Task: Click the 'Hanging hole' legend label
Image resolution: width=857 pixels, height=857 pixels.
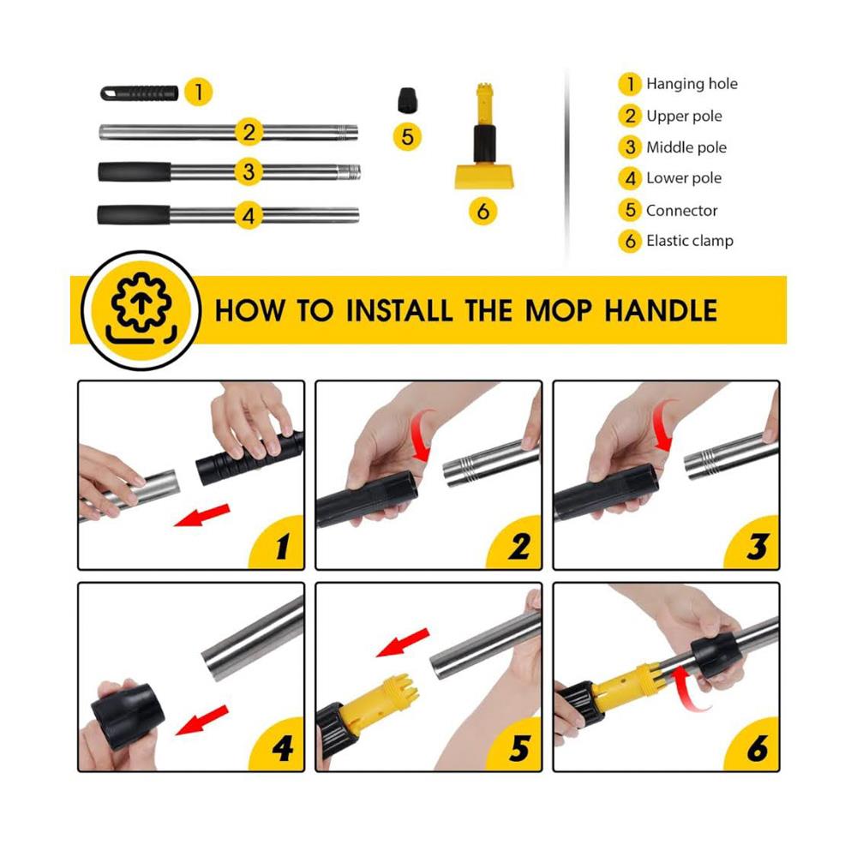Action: coord(692,84)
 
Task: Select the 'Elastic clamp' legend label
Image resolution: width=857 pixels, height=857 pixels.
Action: coord(690,241)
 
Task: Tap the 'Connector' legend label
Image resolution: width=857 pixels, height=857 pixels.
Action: coord(681,211)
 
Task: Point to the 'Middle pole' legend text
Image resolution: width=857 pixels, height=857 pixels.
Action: coord(686,147)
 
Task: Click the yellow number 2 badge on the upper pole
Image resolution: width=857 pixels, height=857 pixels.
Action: coord(249,132)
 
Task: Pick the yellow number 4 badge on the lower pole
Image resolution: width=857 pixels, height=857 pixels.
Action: coord(249,215)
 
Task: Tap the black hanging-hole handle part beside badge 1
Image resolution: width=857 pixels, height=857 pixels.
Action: coord(140,93)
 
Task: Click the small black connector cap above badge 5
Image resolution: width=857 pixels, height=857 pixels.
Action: coord(406,100)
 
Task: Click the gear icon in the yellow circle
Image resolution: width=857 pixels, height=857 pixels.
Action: coord(141,303)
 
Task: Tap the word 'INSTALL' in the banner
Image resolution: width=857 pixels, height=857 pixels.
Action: coord(399,310)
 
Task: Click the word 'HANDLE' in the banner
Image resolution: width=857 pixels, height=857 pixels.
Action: coord(661,310)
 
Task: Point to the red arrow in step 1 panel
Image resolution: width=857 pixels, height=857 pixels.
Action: coord(201,516)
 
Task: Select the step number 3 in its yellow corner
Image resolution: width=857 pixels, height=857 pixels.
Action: coord(757,545)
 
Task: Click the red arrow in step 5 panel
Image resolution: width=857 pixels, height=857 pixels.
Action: coord(404,642)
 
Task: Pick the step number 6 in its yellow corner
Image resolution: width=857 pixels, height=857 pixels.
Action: coord(758,748)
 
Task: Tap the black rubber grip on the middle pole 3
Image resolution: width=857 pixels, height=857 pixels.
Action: coord(135,171)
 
